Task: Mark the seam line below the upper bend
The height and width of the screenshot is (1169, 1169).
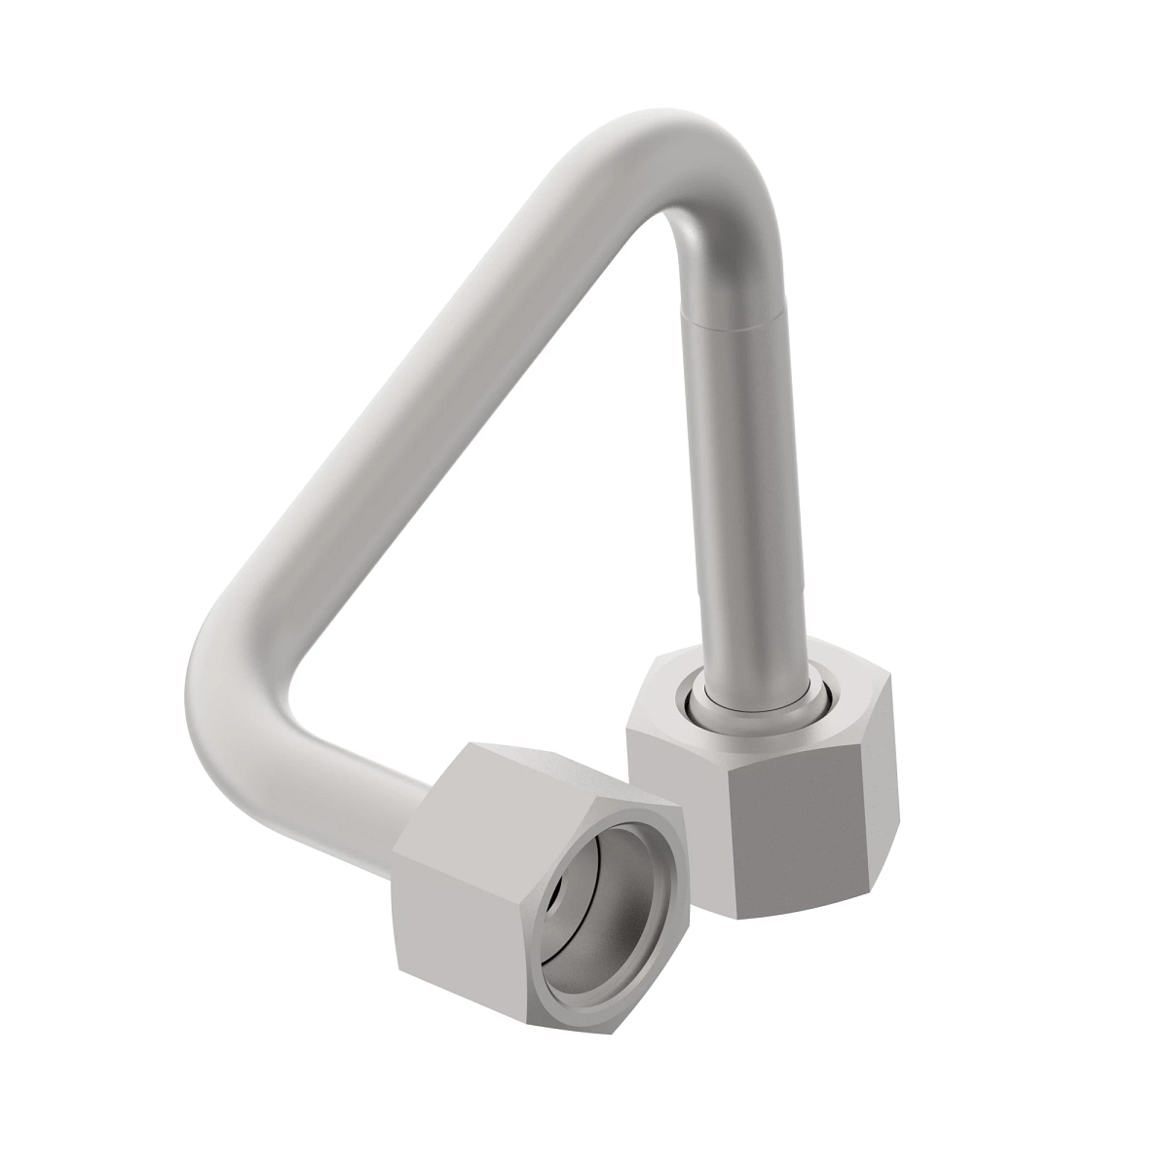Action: [x=731, y=317]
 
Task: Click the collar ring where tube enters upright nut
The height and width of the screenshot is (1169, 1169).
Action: [x=755, y=703]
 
